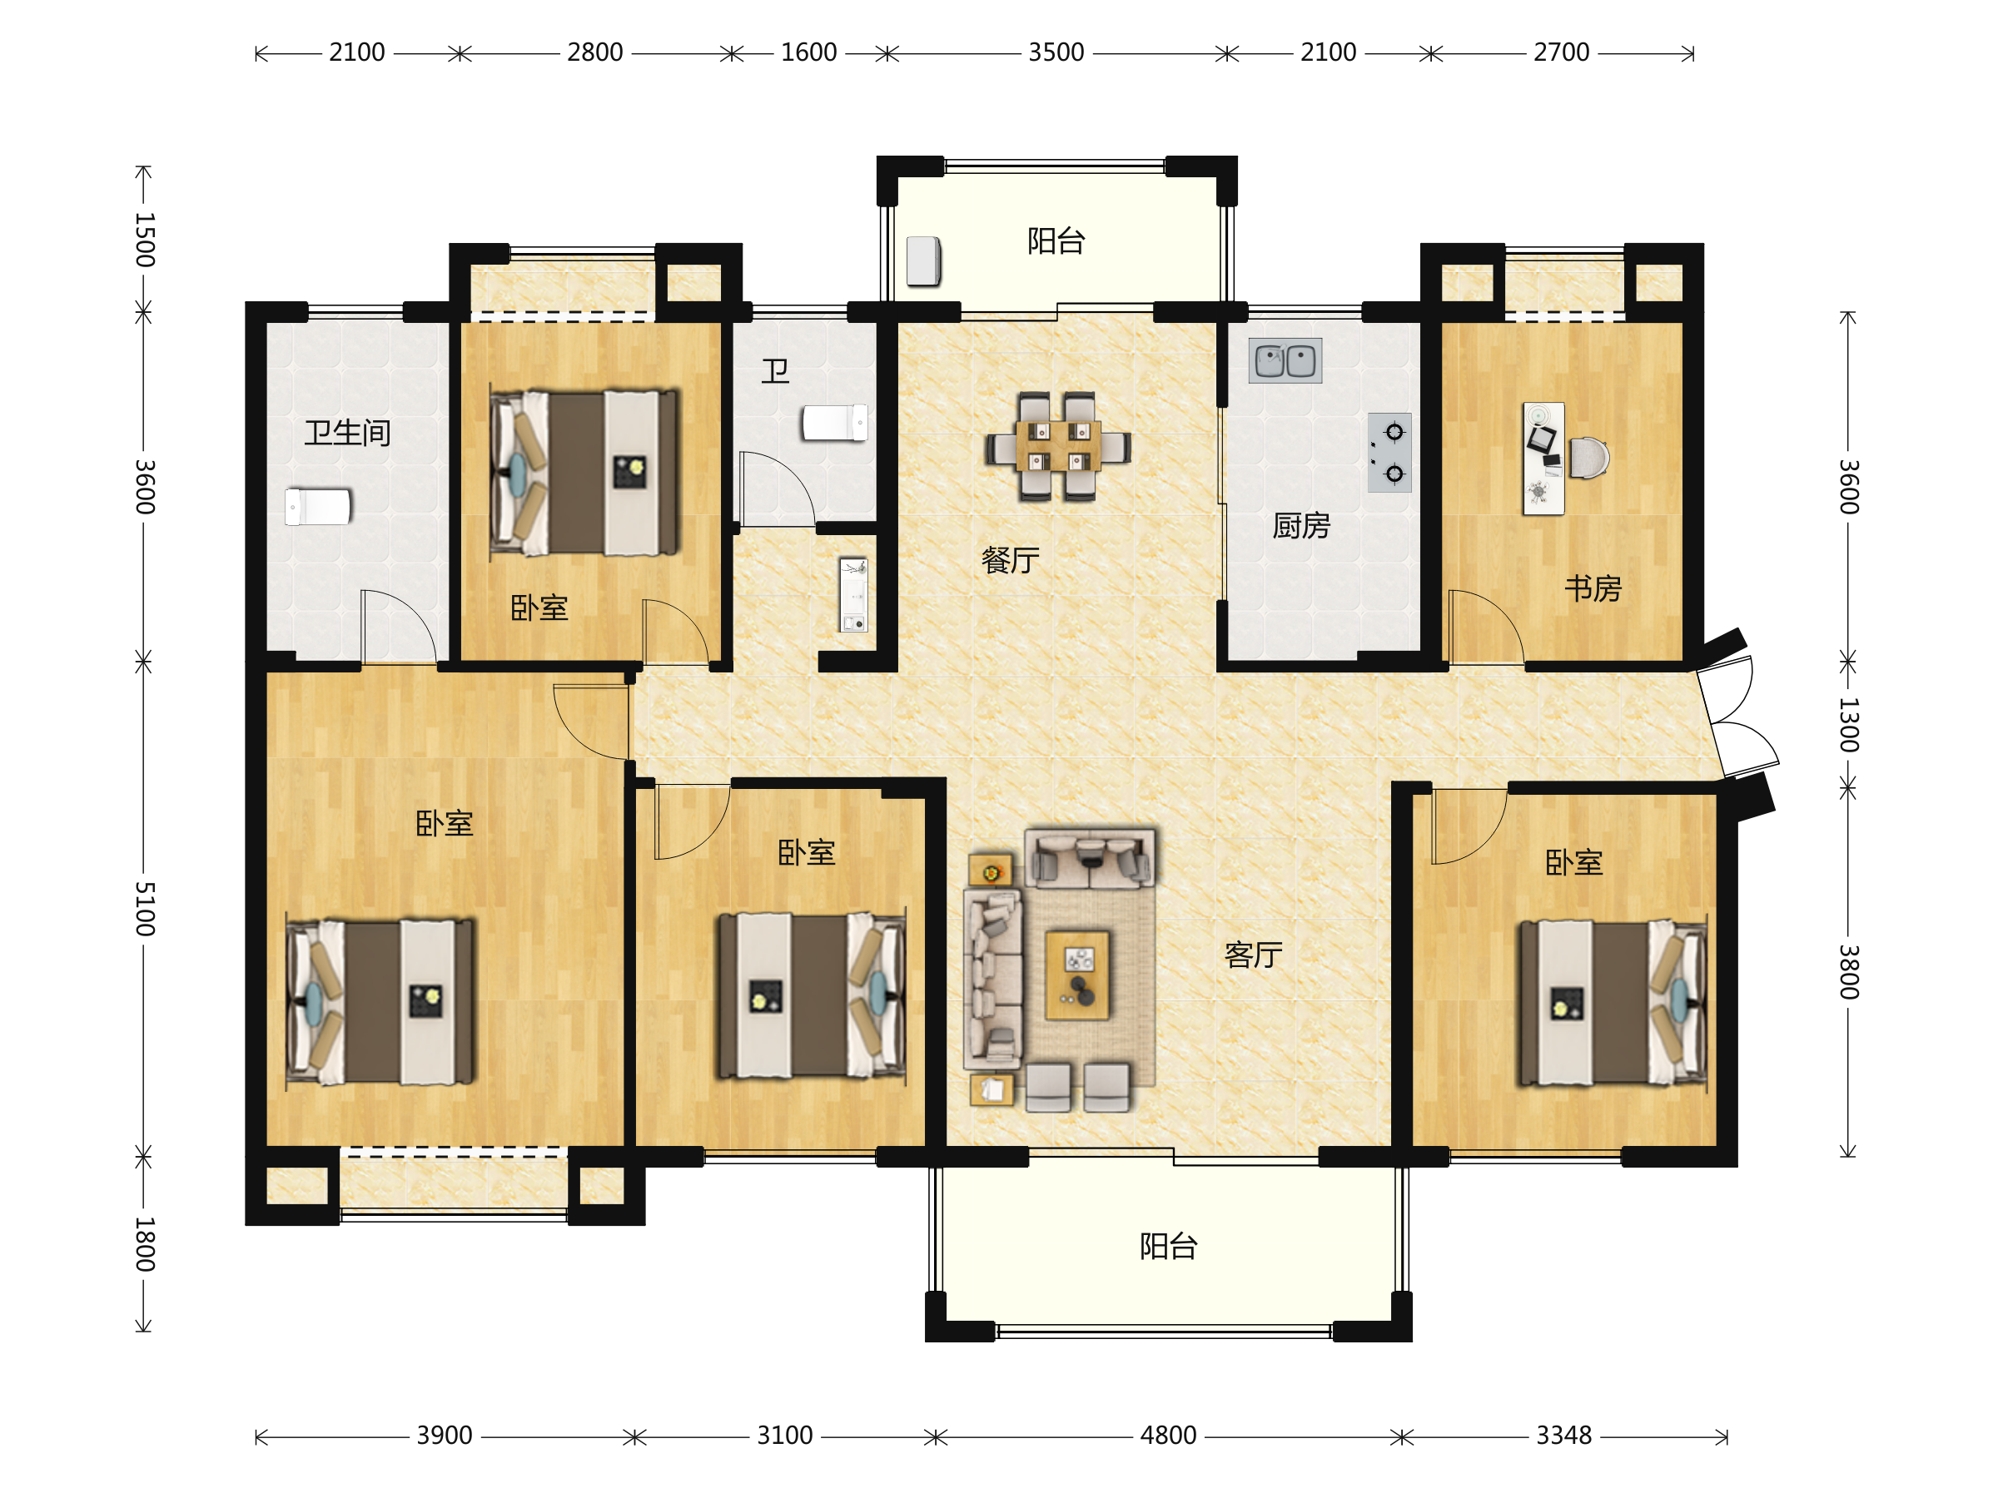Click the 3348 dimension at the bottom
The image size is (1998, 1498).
(1563, 1436)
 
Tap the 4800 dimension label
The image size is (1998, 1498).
(1168, 1436)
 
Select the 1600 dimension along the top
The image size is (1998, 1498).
(808, 52)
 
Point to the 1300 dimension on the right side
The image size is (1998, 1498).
(1848, 725)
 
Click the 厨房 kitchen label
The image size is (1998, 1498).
(1300, 525)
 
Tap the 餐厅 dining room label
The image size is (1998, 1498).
(1010, 561)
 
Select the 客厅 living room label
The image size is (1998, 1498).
(1253, 955)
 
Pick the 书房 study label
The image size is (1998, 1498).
(1593, 588)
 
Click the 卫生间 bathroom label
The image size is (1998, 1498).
(347, 434)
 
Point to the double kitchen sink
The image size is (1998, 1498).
(1285, 360)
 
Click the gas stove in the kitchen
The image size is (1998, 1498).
(1389, 453)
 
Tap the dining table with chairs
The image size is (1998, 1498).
(1058, 446)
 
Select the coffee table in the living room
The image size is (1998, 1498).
(1077, 975)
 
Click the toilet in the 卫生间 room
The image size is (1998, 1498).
(318, 507)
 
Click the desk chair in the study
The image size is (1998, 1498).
(1588, 458)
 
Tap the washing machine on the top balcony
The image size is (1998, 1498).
(923, 261)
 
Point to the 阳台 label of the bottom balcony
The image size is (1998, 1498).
(1168, 1247)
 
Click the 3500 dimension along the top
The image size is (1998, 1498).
(1056, 52)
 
